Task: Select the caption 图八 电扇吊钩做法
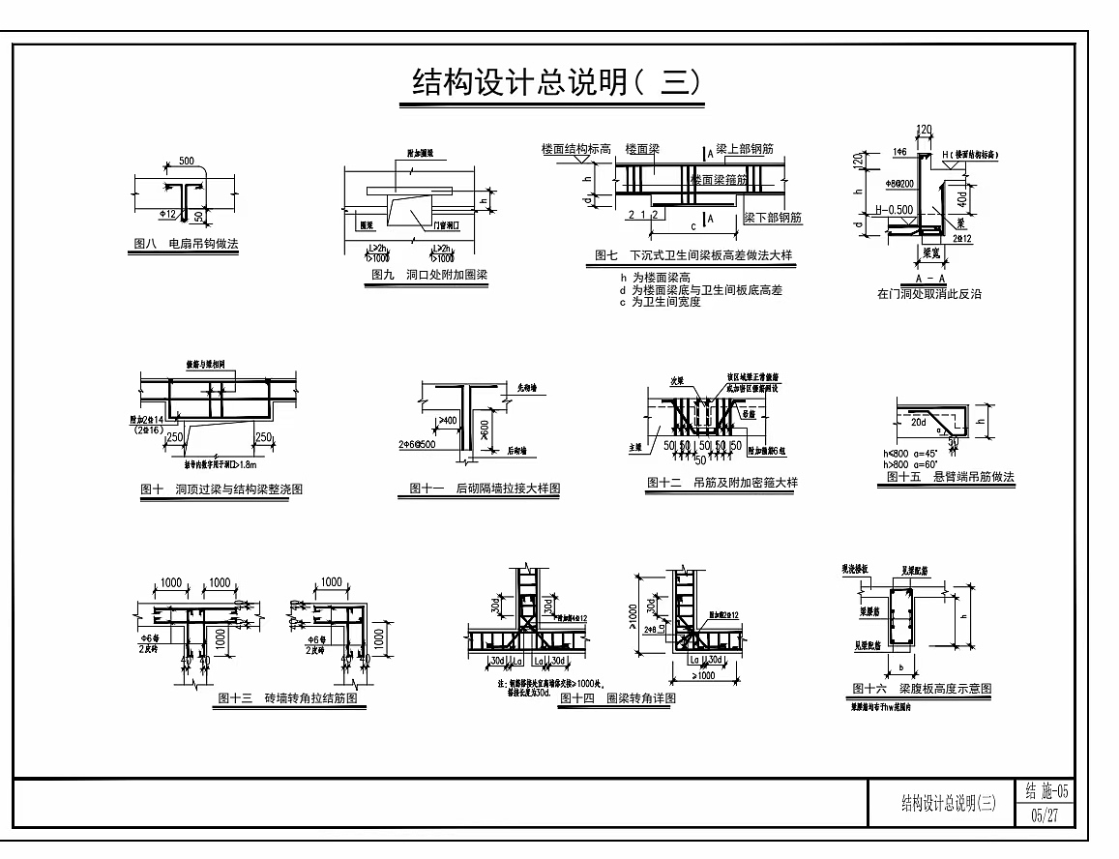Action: tap(183, 245)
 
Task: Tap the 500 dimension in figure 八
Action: tap(186, 160)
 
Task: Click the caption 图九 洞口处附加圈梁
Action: tap(429, 275)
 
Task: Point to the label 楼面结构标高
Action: tap(577, 149)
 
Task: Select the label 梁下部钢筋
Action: tap(773, 218)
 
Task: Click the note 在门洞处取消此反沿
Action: tap(928, 293)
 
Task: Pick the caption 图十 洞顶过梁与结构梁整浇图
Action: tap(221, 489)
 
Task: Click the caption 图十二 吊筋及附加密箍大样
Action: tap(723, 483)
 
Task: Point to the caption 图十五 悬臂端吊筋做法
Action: tap(951, 476)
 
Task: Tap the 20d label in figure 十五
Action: tap(919, 422)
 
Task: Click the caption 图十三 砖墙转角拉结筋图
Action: tap(289, 696)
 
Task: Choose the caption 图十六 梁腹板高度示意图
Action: tap(923, 688)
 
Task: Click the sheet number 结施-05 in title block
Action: tap(1044, 791)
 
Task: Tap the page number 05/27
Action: tap(1044, 815)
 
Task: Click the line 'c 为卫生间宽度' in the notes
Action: tap(660, 302)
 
